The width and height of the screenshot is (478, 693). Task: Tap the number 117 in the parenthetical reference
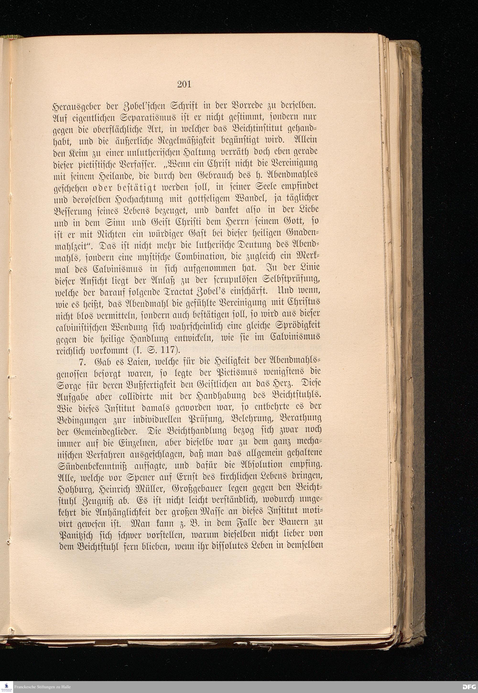(168, 349)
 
